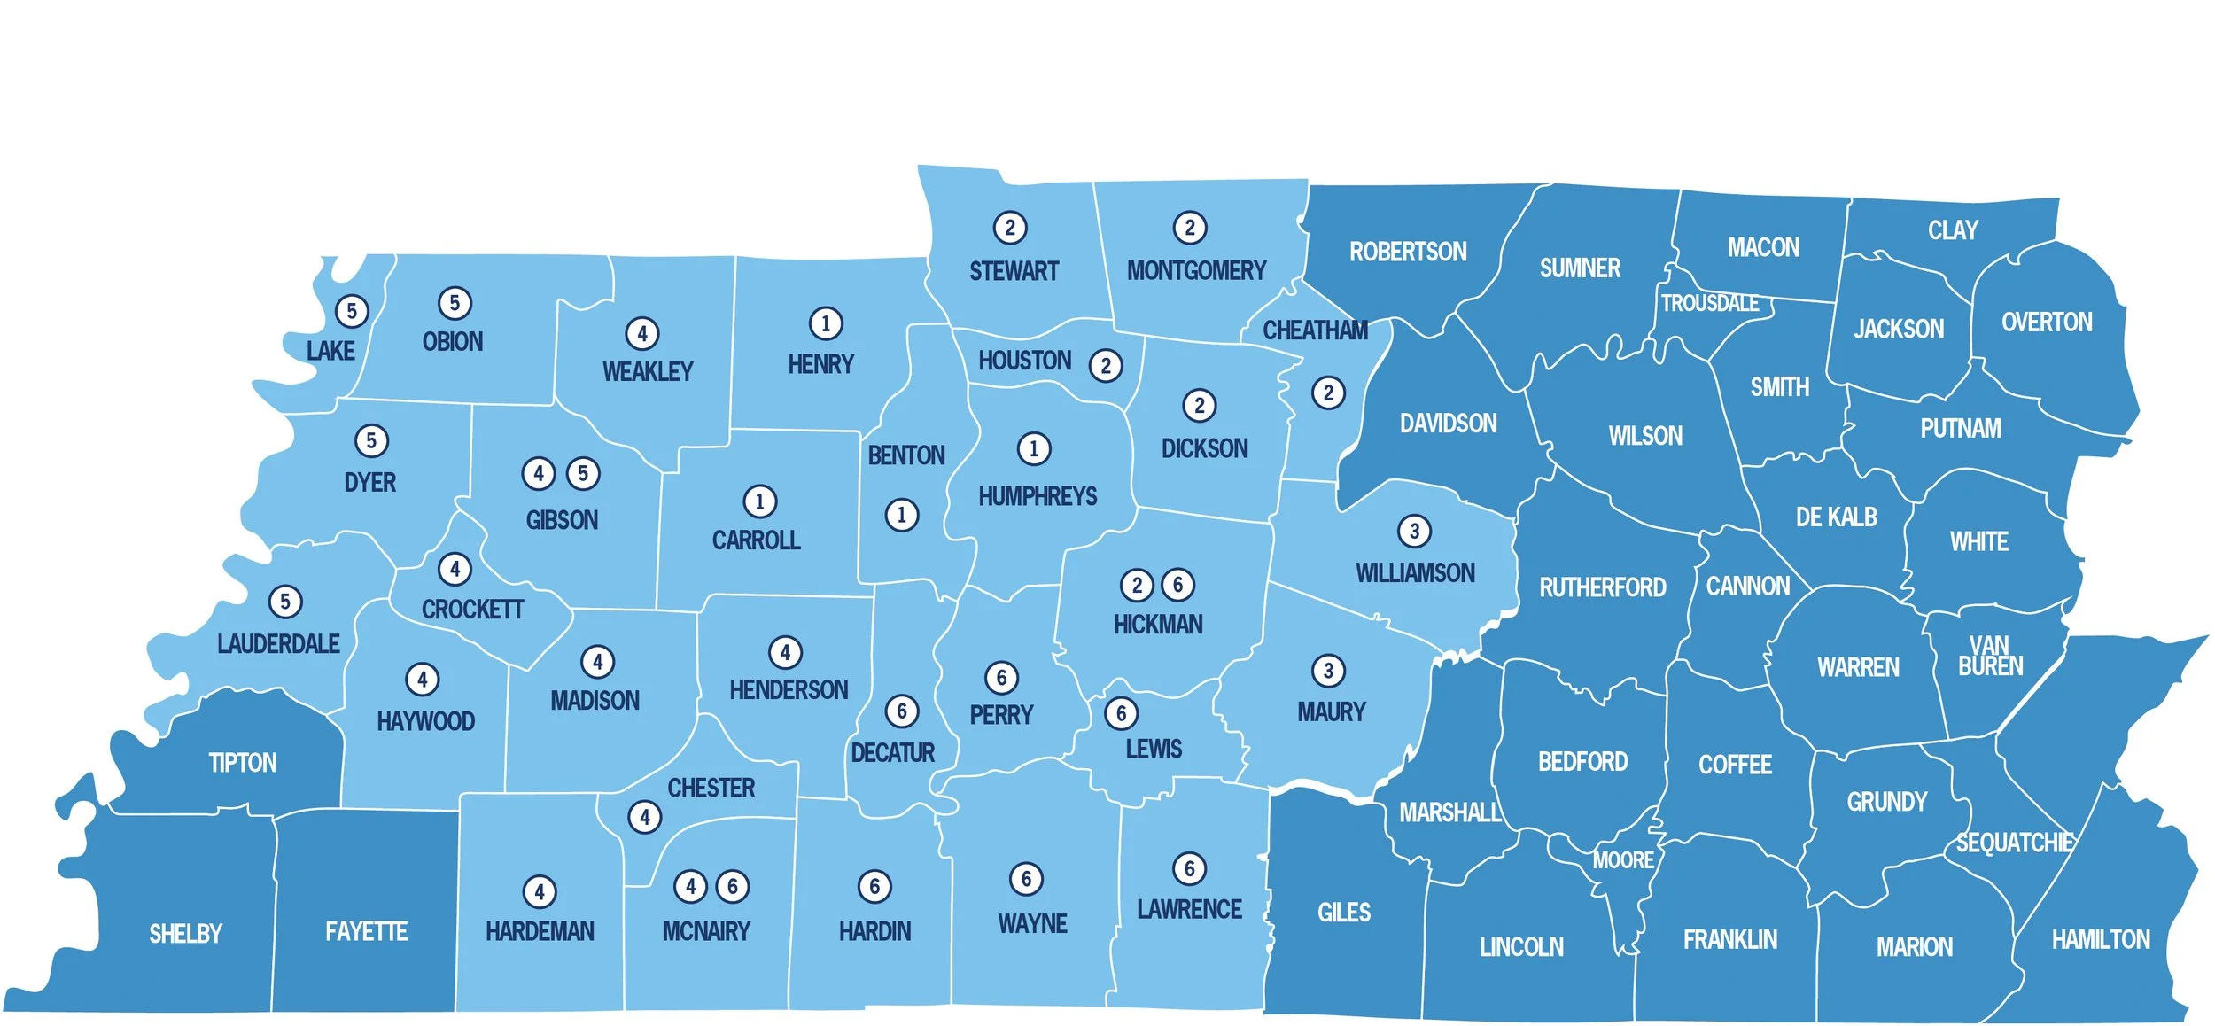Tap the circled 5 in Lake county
pos(352,311)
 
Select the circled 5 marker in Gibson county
pos(582,473)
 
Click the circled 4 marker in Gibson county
pos(538,473)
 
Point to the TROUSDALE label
pos(1709,303)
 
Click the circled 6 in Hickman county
pos(1177,585)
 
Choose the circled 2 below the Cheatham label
pos(1327,393)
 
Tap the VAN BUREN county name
pos(1990,656)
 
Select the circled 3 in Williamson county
pos(1414,531)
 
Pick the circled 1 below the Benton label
pos(901,515)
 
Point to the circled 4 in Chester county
pos(644,817)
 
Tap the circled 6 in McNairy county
pos(732,886)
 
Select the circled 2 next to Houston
pos(1105,365)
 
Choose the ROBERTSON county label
pos(1408,252)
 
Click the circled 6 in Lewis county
pos(1121,713)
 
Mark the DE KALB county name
pos(1836,517)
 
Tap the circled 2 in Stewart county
pos(1009,228)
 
